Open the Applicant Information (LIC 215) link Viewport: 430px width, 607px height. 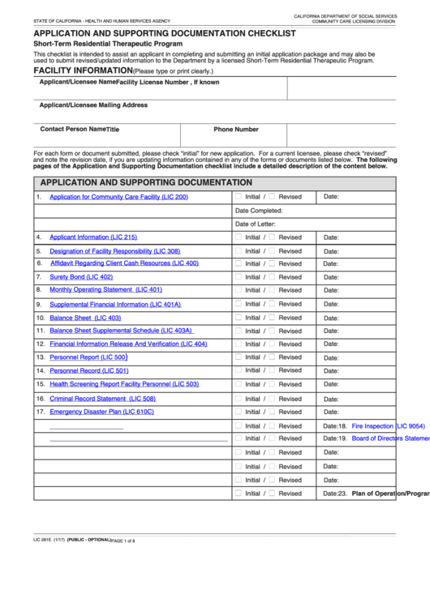[x=93, y=237]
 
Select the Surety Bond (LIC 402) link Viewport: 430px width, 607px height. [x=81, y=277]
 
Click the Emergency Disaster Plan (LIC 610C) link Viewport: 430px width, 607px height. [x=101, y=412]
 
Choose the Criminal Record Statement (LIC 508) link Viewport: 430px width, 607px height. [x=102, y=399]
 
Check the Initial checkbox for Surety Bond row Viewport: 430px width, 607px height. [x=239, y=276]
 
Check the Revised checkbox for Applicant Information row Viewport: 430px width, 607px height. [x=273, y=237]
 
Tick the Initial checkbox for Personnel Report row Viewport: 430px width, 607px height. [x=239, y=357]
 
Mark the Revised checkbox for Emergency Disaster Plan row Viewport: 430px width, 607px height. [x=273, y=411]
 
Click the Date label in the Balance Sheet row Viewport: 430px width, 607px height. [x=331, y=318]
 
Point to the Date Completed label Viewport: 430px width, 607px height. [x=259, y=211]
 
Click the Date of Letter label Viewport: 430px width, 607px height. [x=256, y=224]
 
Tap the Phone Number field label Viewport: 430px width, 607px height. [x=236, y=130]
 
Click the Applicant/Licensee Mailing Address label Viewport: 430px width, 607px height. [x=93, y=105]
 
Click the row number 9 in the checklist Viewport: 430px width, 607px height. [x=38, y=305]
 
